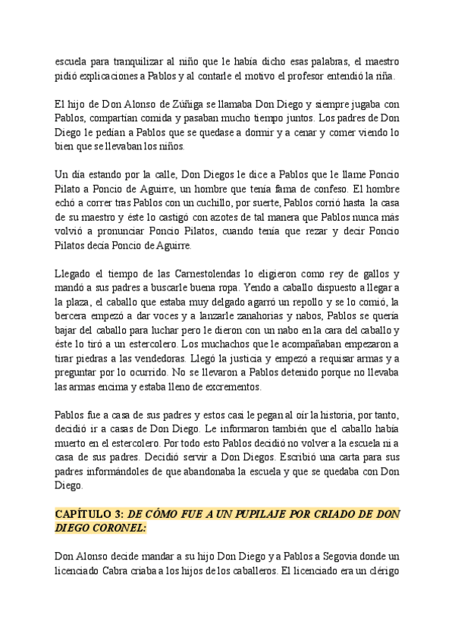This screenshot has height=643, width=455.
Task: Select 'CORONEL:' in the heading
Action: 123,528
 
